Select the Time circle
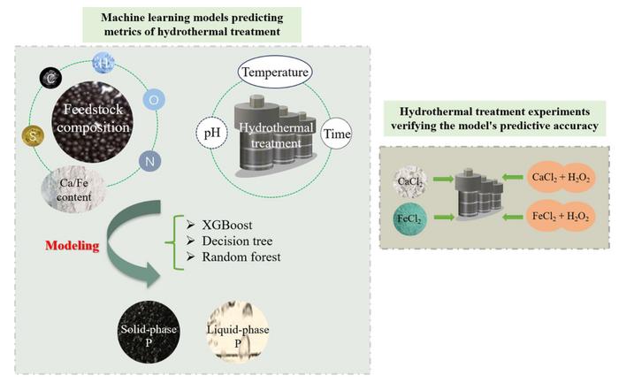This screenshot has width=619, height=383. [336, 134]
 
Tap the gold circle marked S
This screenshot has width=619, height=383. [33, 136]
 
